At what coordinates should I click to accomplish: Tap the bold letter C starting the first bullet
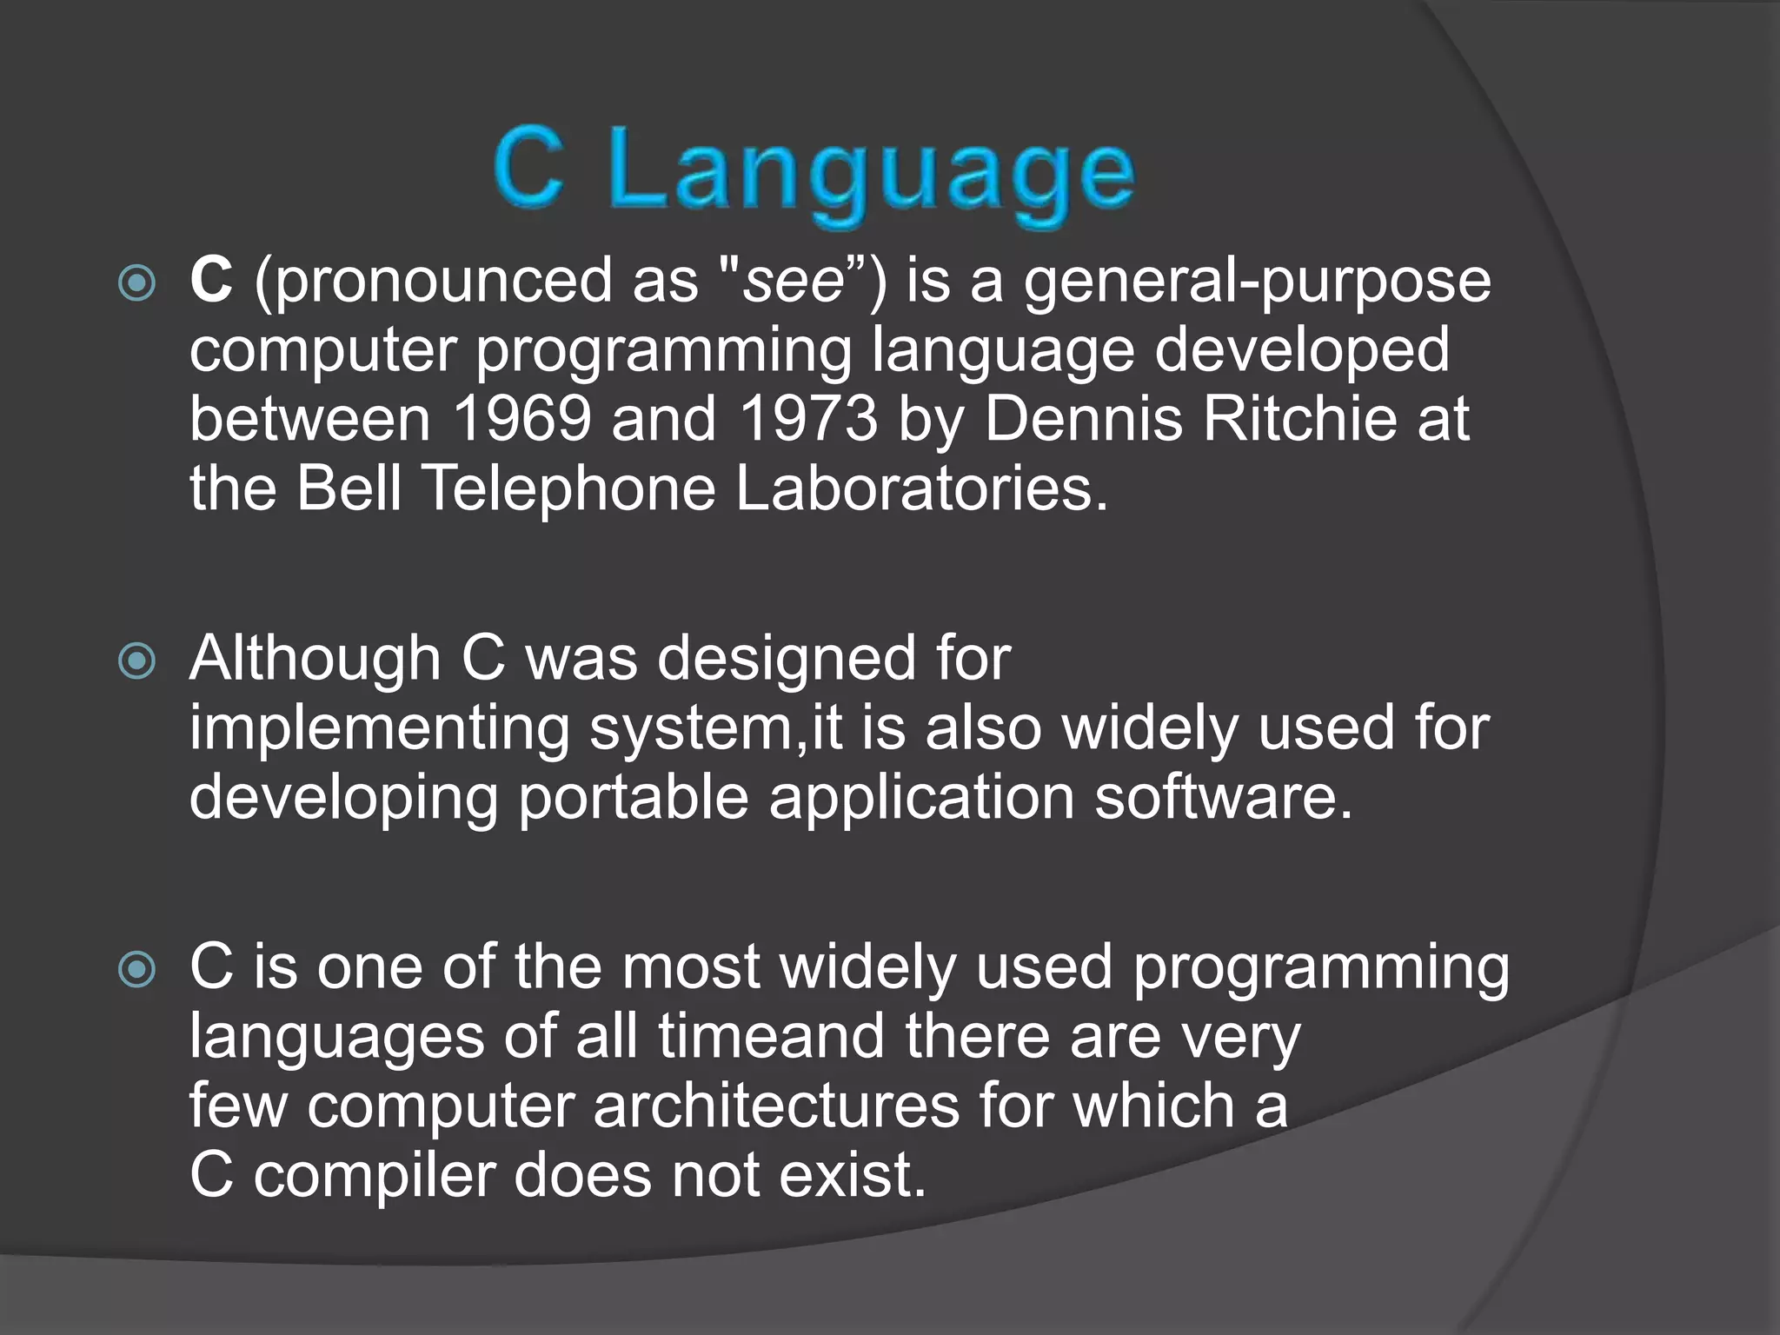click(211, 280)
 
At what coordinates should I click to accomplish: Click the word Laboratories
click(921, 488)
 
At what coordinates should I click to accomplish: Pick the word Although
click(315, 658)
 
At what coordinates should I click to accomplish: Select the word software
click(1223, 797)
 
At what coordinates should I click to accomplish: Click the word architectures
click(775, 1106)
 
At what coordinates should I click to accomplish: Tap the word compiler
click(375, 1175)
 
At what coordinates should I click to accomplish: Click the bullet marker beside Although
click(137, 661)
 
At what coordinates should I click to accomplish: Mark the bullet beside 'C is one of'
click(137, 969)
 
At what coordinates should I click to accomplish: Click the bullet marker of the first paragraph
click(137, 282)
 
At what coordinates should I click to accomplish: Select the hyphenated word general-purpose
click(1257, 282)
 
